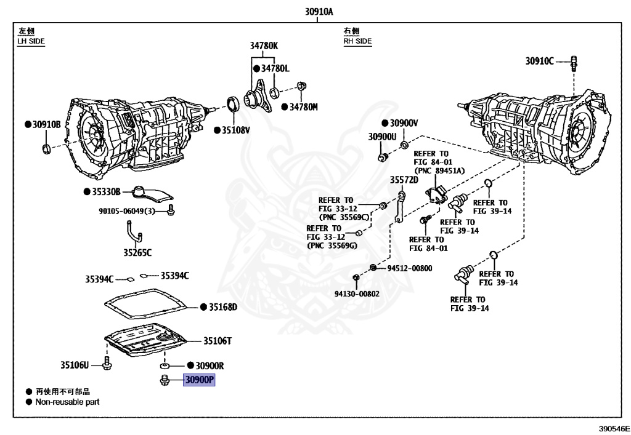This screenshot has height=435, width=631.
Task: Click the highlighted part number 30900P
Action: point(199,380)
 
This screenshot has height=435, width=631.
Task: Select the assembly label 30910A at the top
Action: point(319,11)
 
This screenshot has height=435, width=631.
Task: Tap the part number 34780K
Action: point(264,46)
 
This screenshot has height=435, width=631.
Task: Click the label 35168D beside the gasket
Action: point(223,307)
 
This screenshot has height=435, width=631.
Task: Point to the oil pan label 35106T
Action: point(218,341)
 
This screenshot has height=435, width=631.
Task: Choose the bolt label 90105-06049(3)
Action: point(127,211)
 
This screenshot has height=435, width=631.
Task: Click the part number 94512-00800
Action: point(410,268)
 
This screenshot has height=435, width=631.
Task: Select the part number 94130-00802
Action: point(357,294)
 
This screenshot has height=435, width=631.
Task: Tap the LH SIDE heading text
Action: point(31,41)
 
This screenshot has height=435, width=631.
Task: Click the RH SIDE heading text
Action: point(358,41)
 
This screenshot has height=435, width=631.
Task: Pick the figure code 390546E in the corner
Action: point(614,429)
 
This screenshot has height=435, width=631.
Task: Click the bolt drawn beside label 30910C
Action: point(574,64)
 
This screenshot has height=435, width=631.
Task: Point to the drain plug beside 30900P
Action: point(164,380)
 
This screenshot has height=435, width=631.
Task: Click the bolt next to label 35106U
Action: point(107,363)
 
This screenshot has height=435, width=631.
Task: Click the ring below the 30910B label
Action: point(47,149)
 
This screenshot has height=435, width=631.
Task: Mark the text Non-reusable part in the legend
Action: point(67,402)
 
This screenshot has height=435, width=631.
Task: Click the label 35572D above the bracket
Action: point(404,180)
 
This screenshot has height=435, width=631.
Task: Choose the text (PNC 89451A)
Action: point(439,170)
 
